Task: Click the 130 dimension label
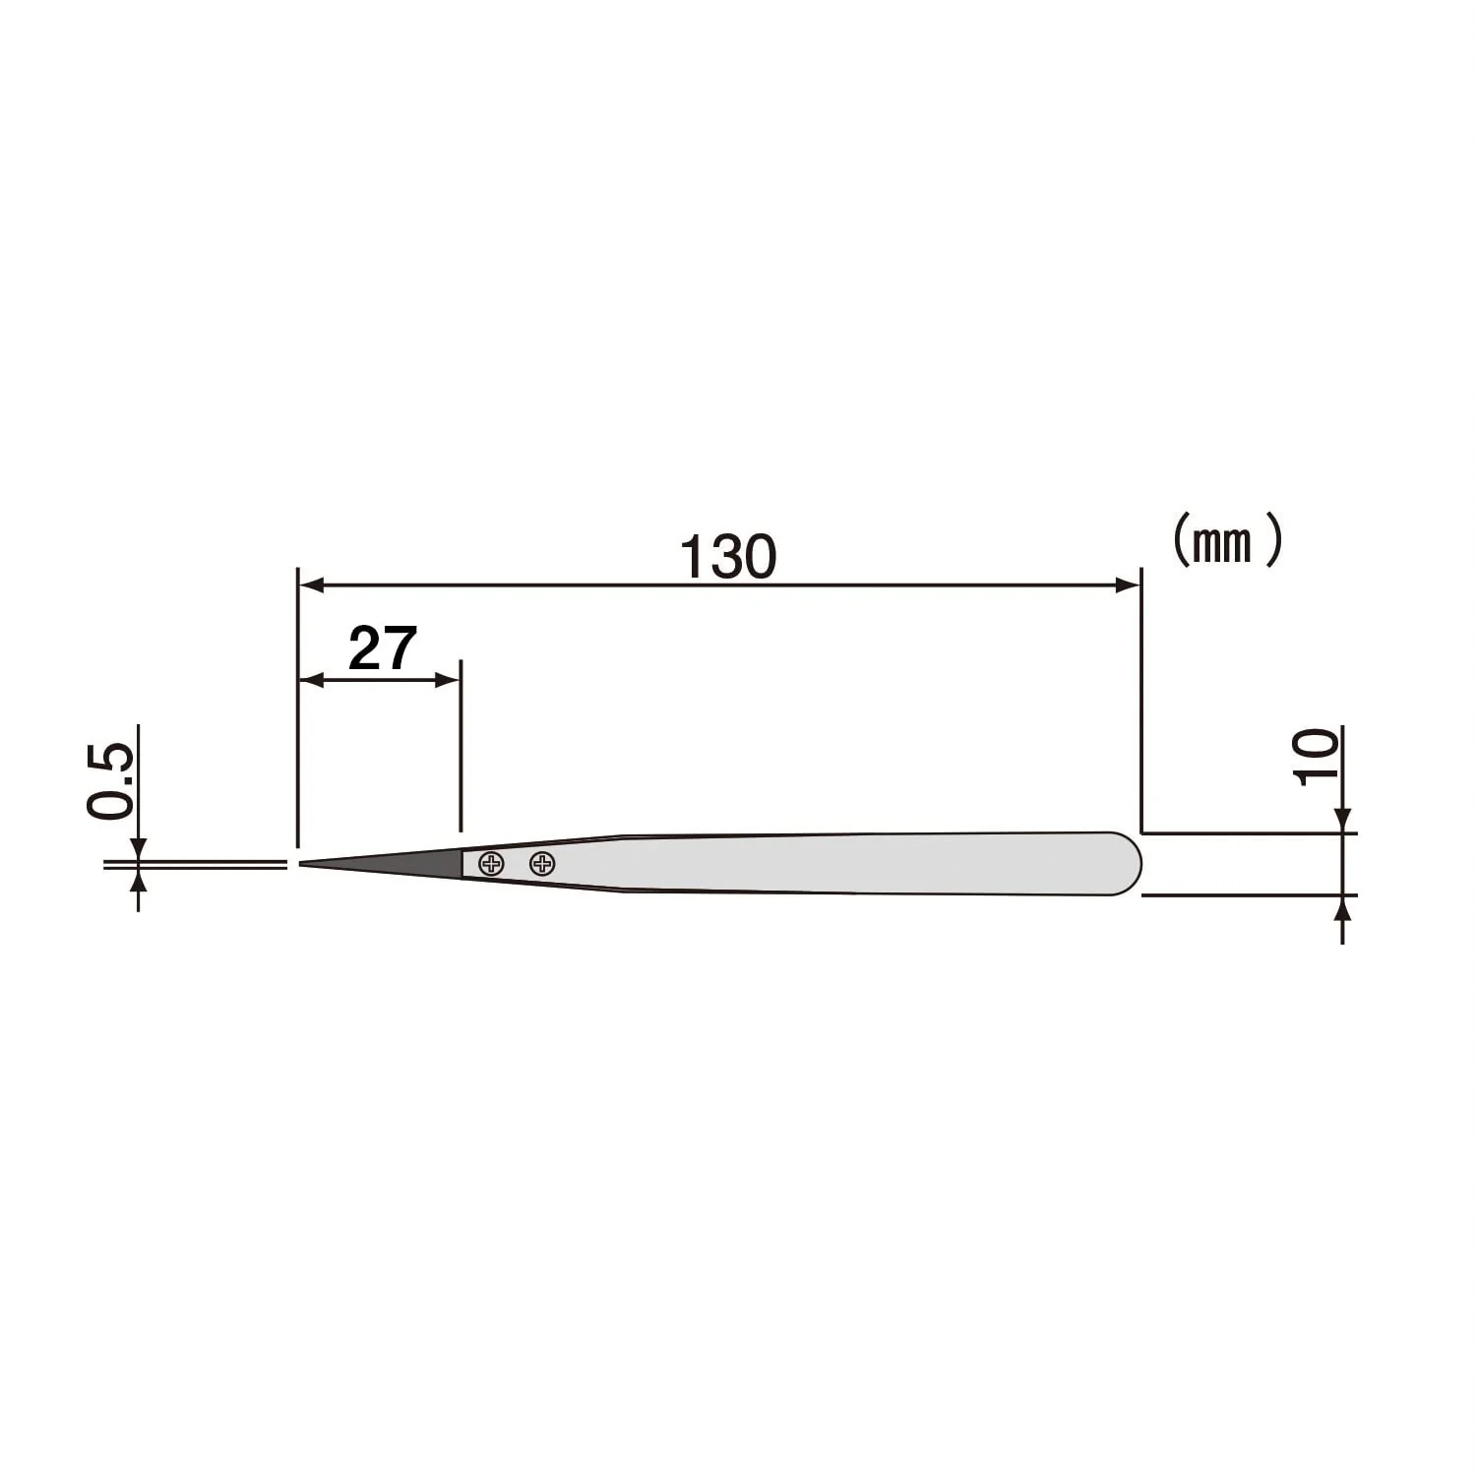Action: point(728,557)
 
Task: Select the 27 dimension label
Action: point(383,648)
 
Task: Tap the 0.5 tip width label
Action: point(109,781)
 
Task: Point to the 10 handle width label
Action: point(1318,756)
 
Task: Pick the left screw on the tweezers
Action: point(491,865)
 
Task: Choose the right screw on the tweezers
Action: point(542,864)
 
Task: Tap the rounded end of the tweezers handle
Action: point(1127,864)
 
